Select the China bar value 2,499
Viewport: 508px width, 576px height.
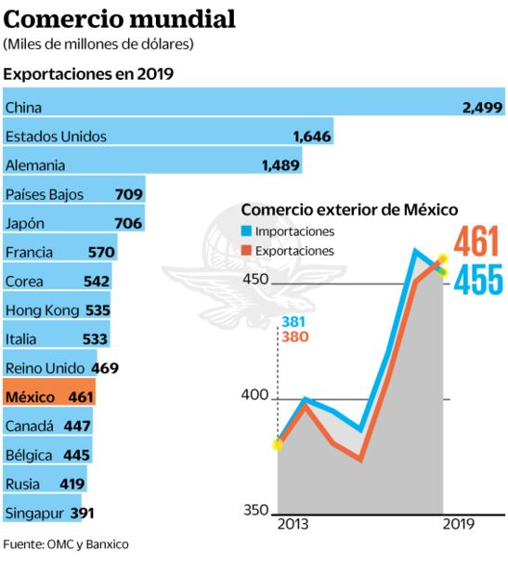[x=482, y=108]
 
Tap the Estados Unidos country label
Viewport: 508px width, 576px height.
[x=56, y=137]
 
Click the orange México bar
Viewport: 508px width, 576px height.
[x=48, y=397]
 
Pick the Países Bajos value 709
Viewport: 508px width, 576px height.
[x=128, y=194]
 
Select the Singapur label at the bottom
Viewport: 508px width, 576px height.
[x=35, y=512]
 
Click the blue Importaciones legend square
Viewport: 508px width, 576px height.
[x=246, y=231]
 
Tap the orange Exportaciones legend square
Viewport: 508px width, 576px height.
[x=246, y=251]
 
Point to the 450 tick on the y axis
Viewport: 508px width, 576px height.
[x=254, y=281]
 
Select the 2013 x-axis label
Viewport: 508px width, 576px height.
[x=293, y=525]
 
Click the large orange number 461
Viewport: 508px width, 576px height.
[x=477, y=242]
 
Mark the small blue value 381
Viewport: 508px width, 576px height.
[x=293, y=321]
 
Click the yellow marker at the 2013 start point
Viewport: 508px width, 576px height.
[x=278, y=444]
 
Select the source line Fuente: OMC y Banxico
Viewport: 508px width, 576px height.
[x=65, y=544]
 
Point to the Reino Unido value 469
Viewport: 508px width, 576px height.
[x=104, y=368]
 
